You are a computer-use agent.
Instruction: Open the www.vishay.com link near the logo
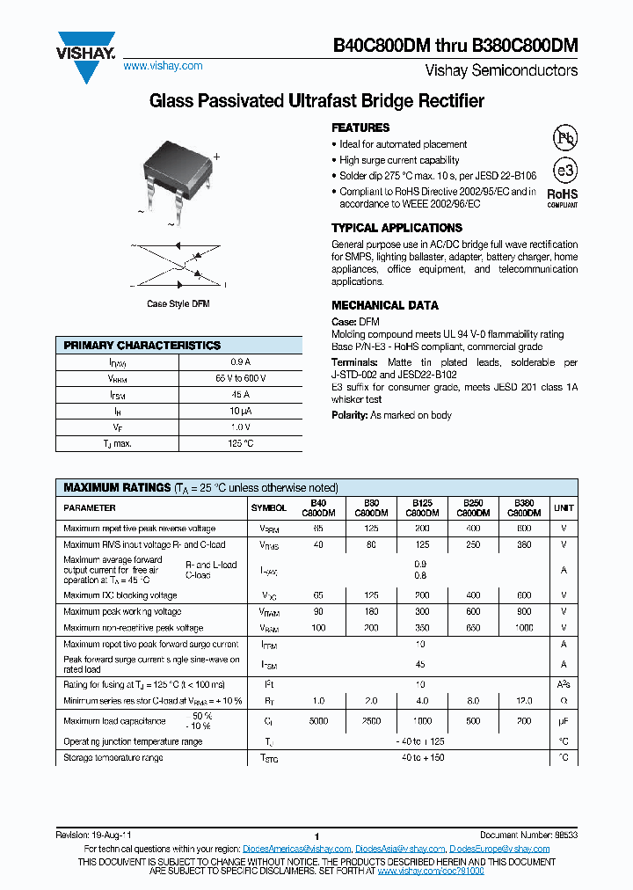point(164,66)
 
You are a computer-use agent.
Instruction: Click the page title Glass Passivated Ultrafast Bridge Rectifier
point(316,102)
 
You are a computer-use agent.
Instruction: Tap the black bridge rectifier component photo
point(175,167)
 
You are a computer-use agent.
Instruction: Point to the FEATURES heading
point(360,128)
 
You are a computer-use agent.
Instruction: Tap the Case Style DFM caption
point(178,304)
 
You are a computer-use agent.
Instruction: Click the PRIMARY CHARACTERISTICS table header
point(142,346)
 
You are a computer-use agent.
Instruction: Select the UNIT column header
point(564,507)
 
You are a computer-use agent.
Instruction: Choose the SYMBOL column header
point(268,507)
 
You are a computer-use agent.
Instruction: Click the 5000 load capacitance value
point(318,720)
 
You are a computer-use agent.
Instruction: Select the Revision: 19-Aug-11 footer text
point(94,834)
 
